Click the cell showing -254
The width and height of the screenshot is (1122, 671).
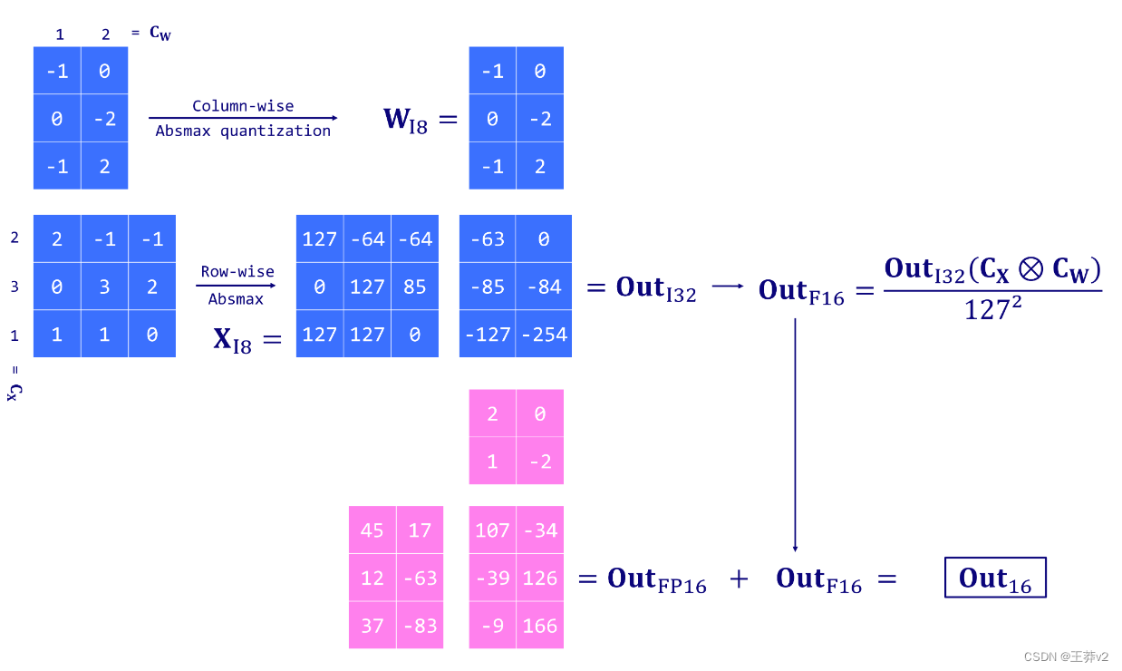pyautogui.click(x=544, y=334)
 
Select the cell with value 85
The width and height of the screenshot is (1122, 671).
pyautogui.click(x=415, y=287)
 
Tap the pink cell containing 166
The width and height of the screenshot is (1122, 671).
pyautogui.click(x=540, y=626)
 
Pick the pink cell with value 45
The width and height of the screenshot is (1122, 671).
pyautogui.click(x=372, y=530)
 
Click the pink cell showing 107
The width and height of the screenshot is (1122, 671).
pyautogui.click(x=492, y=530)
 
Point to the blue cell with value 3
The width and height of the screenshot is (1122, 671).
pyautogui.click(x=104, y=287)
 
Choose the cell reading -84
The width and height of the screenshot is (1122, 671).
pyautogui.click(x=544, y=287)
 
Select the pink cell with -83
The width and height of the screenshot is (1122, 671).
pyautogui.click(x=420, y=626)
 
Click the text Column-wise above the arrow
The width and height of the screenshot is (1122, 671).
pyautogui.click(x=243, y=106)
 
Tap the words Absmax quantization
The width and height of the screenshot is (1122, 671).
pyautogui.click(x=243, y=131)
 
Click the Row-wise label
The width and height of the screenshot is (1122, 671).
pyautogui.click(x=237, y=271)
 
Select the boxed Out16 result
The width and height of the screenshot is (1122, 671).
pyautogui.click(x=995, y=578)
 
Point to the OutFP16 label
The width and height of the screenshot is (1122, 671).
pyautogui.click(x=656, y=579)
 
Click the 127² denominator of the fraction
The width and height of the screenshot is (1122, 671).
pyautogui.click(x=992, y=309)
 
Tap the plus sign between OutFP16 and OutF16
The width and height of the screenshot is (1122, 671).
pyautogui.click(x=740, y=579)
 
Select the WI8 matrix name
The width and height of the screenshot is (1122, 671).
pyautogui.click(x=405, y=120)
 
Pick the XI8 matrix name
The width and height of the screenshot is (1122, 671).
pyautogui.click(x=232, y=339)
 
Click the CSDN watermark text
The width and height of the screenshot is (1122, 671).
pyautogui.click(x=1066, y=656)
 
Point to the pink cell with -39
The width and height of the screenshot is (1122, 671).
pyautogui.click(x=492, y=578)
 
